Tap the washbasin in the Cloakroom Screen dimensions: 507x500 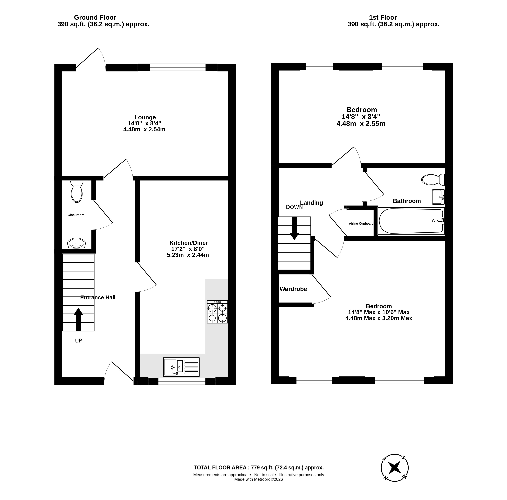point(76,243)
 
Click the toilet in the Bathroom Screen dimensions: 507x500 point(433,180)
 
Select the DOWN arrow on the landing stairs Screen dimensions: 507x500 point(294,228)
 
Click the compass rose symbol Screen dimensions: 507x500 point(394,468)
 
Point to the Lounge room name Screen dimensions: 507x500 point(145,117)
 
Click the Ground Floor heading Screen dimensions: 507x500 point(95,17)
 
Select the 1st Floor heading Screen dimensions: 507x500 point(383,17)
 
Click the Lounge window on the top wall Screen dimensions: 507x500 point(178,68)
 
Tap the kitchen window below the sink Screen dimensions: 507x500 point(182,381)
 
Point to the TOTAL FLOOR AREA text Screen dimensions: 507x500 point(259,468)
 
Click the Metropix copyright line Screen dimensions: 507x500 point(259,479)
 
